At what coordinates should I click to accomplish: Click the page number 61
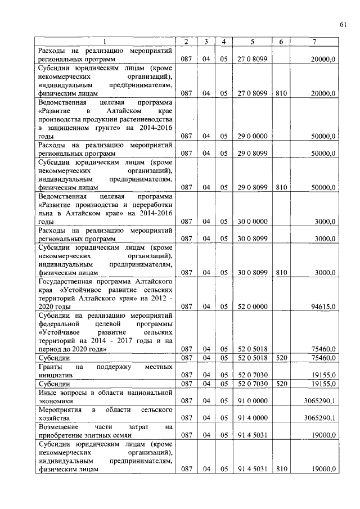click(343, 23)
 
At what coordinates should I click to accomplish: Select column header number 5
click(252, 42)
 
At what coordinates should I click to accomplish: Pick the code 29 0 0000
click(252, 136)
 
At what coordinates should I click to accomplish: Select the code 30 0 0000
click(252, 222)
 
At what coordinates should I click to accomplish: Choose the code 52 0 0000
click(252, 307)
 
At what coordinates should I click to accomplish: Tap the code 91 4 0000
click(252, 418)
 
